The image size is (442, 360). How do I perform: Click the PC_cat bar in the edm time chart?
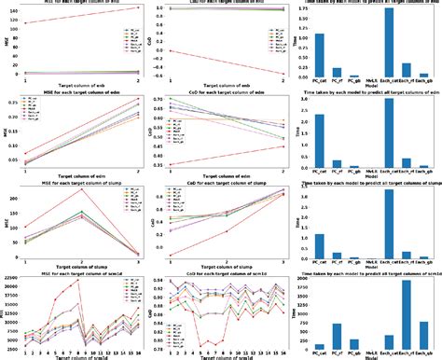pyautogui.click(x=319, y=141)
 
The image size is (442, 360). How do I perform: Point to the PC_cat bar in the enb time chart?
pyautogui.click(x=319, y=56)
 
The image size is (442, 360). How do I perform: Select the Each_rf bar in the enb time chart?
pyautogui.click(x=407, y=71)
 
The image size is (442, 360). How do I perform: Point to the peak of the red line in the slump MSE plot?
pyautogui.click(x=82, y=190)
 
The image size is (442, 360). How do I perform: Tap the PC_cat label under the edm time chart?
pyautogui.click(x=319, y=170)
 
